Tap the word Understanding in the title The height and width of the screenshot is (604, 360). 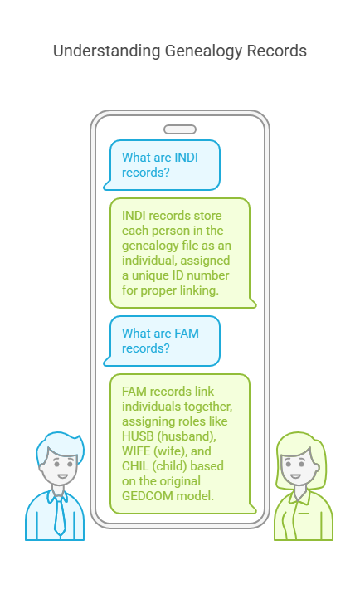107,51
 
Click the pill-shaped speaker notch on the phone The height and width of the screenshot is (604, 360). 180,129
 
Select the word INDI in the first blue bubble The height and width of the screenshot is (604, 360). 187,157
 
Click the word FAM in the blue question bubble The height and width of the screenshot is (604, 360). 187,333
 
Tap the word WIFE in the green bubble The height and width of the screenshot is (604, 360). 135,451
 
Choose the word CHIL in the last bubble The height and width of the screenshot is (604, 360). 135,466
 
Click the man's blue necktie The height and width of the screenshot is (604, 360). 59,515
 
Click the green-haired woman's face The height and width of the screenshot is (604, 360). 298,466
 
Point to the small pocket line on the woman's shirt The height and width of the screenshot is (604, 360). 304,514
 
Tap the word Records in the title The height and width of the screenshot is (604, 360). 277,51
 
